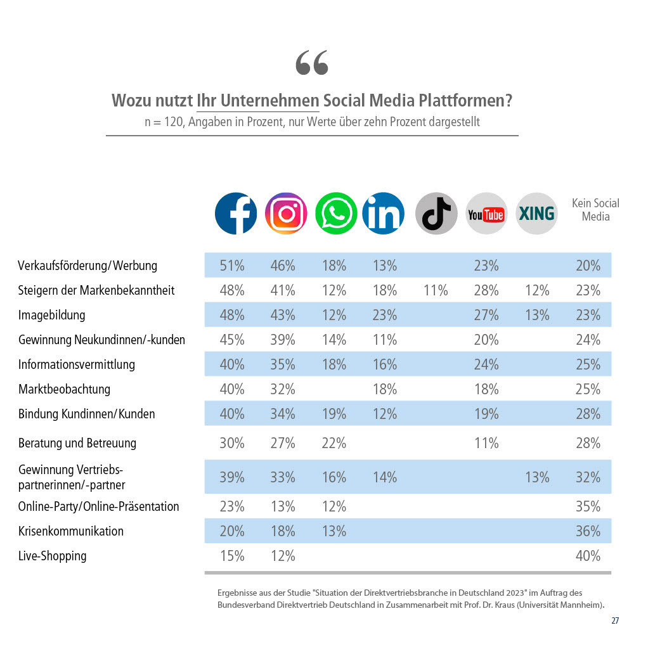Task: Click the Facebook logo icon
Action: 236,214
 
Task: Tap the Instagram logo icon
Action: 286,214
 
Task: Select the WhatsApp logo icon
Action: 336,214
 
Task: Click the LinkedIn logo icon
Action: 384,214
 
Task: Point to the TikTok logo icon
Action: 436,214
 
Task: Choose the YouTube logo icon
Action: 486,214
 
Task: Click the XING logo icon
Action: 536,214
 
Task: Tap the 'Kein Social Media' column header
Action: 595,210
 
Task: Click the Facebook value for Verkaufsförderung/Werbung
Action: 232,266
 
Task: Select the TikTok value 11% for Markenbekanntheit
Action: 436,290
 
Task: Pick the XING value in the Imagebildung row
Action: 537,315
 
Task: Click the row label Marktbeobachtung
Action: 64,389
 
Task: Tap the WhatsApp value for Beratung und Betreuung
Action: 334,443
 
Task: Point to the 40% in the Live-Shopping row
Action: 588,556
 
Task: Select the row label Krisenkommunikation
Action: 71,531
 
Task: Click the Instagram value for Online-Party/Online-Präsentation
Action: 283,506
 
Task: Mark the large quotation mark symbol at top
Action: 312,63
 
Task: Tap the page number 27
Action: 615,620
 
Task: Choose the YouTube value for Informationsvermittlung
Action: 486,364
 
